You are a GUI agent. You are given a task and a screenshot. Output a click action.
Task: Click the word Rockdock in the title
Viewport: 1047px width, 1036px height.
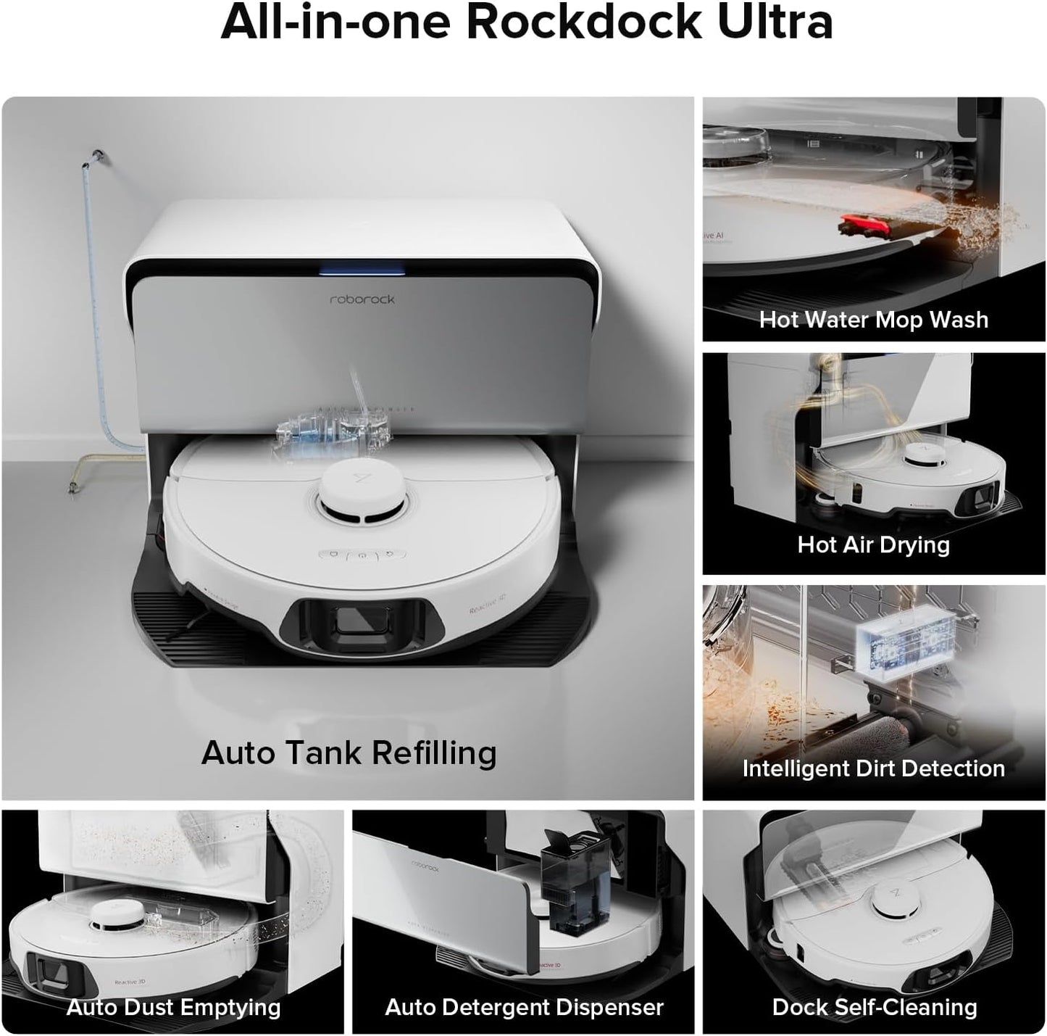click(x=584, y=22)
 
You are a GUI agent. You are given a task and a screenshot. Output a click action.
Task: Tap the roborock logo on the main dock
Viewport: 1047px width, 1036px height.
click(x=362, y=299)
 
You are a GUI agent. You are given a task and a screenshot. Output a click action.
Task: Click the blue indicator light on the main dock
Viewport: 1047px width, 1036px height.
click(x=362, y=270)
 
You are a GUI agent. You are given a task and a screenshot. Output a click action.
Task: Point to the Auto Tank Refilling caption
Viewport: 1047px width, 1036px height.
click(x=349, y=753)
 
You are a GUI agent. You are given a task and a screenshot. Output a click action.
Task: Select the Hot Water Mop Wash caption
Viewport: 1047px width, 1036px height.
click(x=873, y=320)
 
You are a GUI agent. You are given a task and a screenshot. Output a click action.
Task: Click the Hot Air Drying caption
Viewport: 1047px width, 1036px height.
click(x=873, y=544)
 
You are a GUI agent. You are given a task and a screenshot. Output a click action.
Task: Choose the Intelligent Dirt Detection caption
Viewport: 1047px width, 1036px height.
click(x=873, y=768)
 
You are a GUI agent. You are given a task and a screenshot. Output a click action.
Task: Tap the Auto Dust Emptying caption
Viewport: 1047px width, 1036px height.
click(x=173, y=1007)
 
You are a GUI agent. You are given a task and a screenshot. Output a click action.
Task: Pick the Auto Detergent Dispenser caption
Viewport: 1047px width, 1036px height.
click(x=524, y=1007)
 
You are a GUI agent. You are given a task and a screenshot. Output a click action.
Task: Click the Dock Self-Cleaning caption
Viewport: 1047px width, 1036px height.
click(x=874, y=1007)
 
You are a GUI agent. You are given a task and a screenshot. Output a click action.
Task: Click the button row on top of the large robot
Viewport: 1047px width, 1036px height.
click(x=360, y=556)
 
